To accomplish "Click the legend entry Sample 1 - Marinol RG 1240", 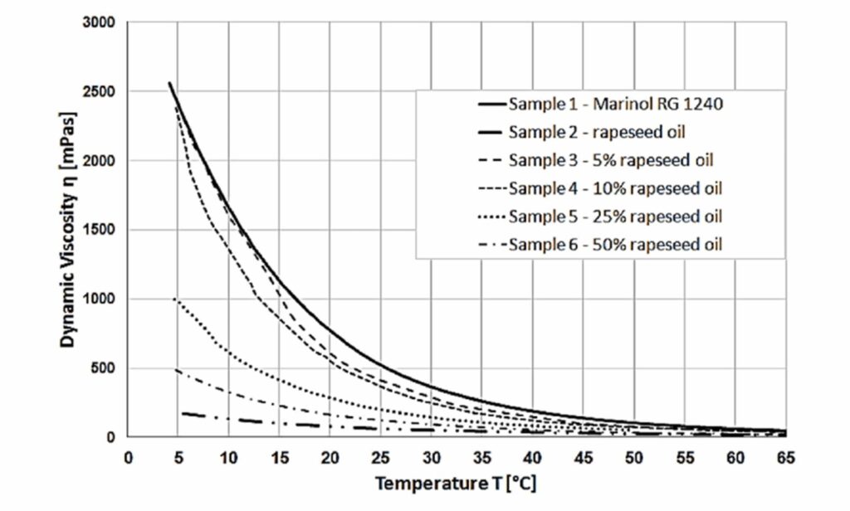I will pyautogui.click(x=602, y=105).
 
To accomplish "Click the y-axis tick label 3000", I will pyautogui.click(x=99, y=22).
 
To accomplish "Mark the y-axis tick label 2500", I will pyautogui.click(x=99, y=91).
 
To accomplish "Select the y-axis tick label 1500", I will pyautogui.click(x=99, y=230).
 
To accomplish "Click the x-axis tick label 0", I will pyautogui.click(x=128, y=457).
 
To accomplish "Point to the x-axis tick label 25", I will pyautogui.click(x=380, y=457).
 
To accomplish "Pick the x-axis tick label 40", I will pyautogui.click(x=532, y=457).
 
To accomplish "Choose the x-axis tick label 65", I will pyautogui.click(x=784, y=457).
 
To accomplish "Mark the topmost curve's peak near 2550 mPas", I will pyautogui.click(x=169, y=83).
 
